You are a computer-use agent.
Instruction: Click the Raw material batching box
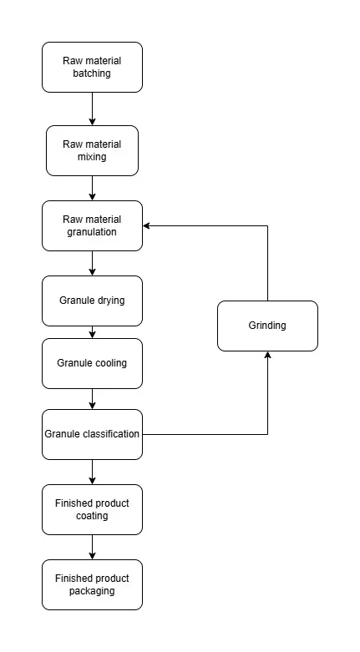click(92, 67)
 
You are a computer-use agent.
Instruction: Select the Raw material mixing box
click(92, 150)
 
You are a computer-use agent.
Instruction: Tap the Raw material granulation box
click(92, 225)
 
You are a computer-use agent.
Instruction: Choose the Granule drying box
click(92, 301)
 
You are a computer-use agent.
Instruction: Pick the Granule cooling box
click(92, 363)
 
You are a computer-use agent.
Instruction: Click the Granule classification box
click(92, 435)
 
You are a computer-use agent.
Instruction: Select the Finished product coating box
click(92, 510)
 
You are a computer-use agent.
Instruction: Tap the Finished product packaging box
click(92, 585)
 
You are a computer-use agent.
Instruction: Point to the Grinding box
click(267, 326)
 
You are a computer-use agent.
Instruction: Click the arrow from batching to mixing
click(93, 109)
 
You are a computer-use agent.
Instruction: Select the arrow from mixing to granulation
click(93, 189)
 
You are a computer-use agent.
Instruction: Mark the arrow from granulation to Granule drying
click(93, 264)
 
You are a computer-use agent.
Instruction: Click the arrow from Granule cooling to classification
click(93, 399)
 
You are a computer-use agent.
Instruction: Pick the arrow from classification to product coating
click(93, 473)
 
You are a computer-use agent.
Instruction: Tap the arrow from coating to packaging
click(93, 548)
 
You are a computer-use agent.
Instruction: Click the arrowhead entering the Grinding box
click(267, 355)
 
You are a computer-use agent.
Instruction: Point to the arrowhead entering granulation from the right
click(146, 225)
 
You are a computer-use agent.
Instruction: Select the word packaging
click(92, 591)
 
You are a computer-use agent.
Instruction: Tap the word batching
click(92, 73)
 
